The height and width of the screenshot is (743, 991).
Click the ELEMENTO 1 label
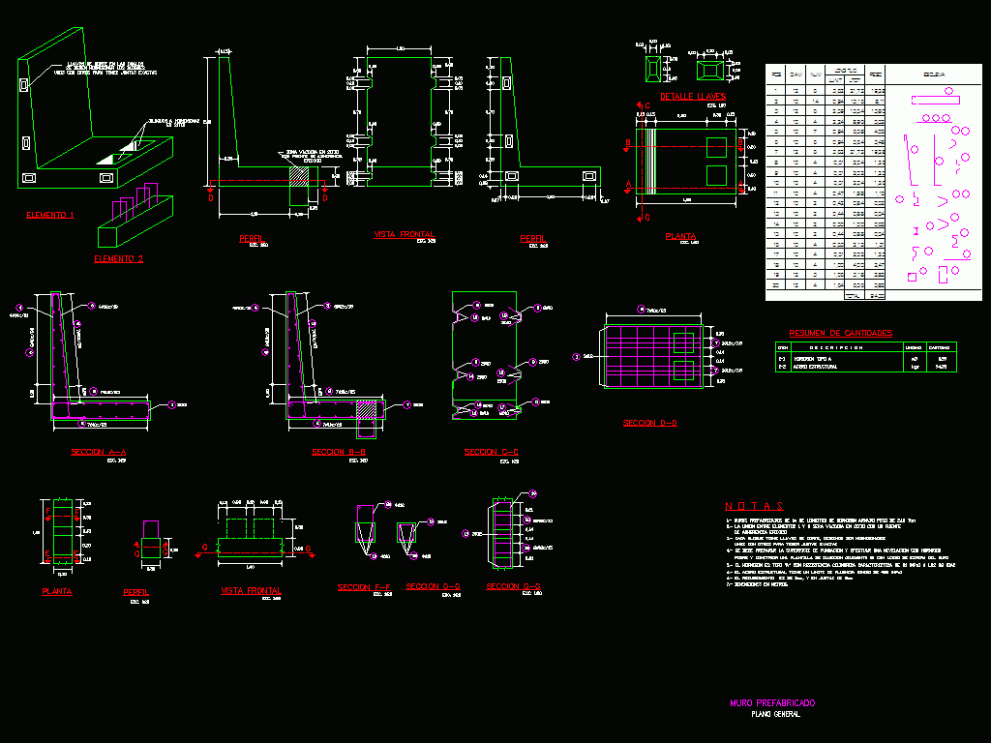point(49,215)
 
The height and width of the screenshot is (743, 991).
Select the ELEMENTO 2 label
point(118,259)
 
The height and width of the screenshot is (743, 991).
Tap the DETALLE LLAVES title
point(693,97)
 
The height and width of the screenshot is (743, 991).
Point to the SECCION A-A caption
point(99,452)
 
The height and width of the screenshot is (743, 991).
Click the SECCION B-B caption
point(339,452)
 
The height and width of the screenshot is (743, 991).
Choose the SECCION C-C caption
point(492,452)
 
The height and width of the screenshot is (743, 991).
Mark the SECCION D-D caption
point(650,423)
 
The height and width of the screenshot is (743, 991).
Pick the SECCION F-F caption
point(364,587)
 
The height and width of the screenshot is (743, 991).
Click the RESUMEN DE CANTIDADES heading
point(840,333)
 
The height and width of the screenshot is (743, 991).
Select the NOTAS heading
point(754,506)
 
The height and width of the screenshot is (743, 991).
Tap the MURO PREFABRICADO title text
point(772,702)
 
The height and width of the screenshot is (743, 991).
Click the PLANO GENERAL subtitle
point(775,714)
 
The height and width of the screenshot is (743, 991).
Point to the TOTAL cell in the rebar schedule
point(853,295)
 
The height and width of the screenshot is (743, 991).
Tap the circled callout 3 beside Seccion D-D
point(577,357)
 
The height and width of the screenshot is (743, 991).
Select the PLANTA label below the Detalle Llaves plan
point(680,236)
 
